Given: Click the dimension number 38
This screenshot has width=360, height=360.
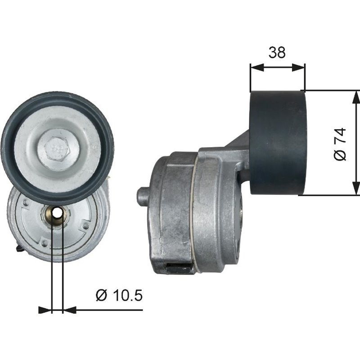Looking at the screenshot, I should pos(277,53).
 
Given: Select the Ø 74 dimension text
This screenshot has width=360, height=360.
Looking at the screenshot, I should pos(341,144).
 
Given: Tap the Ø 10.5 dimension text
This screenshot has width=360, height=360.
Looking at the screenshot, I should pos(119,296).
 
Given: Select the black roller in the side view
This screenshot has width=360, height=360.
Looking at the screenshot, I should pos(278,143).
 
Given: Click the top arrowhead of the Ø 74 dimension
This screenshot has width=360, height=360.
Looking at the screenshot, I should pos(356,96).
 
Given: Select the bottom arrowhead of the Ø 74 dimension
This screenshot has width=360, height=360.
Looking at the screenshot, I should pos(356,189).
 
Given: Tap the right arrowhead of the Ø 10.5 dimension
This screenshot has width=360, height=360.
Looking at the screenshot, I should pos(69,310).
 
